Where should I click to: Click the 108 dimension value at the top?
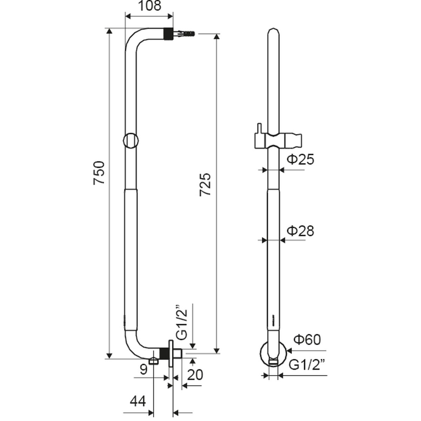pos(149,6)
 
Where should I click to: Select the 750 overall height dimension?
pos(99,173)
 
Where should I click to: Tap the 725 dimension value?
pos(206,184)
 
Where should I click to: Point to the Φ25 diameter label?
pos(300,160)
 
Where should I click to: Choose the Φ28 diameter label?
pos(300,231)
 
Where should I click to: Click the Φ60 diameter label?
pos(307,340)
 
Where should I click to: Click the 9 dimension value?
pos(142,369)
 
